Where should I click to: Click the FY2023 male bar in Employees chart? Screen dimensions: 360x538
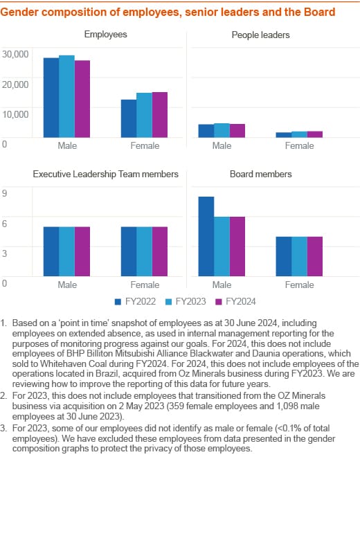(x=66, y=96)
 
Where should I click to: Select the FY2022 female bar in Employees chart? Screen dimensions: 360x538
(x=129, y=118)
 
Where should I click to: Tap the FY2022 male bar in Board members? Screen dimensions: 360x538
(x=206, y=236)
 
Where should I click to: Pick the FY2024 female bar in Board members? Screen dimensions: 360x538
(x=315, y=256)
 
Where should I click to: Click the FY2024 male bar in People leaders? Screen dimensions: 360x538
(x=237, y=131)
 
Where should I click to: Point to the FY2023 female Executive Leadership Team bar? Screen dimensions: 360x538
(x=144, y=251)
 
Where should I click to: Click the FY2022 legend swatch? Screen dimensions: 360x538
(x=118, y=302)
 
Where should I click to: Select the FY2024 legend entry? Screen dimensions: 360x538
(x=235, y=302)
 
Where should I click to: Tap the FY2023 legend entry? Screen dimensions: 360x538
(x=186, y=302)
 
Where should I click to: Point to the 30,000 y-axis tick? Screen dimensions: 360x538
(x=15, y=54)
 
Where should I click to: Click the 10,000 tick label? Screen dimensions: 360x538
(x=15, y=114)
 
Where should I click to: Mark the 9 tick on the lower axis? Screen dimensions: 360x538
(x=4, y=193)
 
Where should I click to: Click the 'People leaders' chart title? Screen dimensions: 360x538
(x=260, y=35)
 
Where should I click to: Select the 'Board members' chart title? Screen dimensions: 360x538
(x=261, y=174)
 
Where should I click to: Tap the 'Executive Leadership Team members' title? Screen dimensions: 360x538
(x=106, y=174)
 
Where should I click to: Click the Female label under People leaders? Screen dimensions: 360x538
(x=299, y=146)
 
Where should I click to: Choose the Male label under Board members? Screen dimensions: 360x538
(x=222, y=285)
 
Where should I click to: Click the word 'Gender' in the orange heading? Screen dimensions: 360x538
(x=19, y=12)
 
